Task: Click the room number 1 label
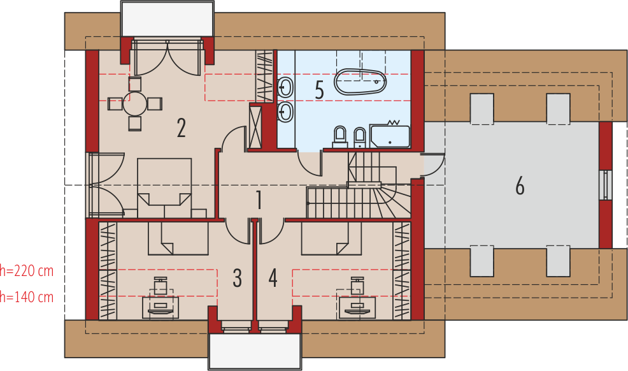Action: (259, 200)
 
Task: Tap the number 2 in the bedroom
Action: (181, 128)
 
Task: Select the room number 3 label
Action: (237, 278)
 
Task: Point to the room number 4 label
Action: (273, 278)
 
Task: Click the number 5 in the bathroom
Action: (319, 90)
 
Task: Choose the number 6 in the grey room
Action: (520, 186)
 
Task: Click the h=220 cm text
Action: (27, 271)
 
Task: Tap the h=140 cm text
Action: (27, 297)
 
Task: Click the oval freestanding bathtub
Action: (360, 82)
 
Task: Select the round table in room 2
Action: (135, 104)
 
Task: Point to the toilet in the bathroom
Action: (339, 137)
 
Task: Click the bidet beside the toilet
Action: (360, 138)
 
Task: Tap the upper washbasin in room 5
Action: (285, 87)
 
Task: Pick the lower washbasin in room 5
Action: (285, 112)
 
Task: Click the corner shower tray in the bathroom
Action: (390, 136)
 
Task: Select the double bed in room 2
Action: (164, 188)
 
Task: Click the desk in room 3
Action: (161, 308)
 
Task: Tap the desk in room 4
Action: (357, 308)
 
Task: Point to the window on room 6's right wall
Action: (607, 185)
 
